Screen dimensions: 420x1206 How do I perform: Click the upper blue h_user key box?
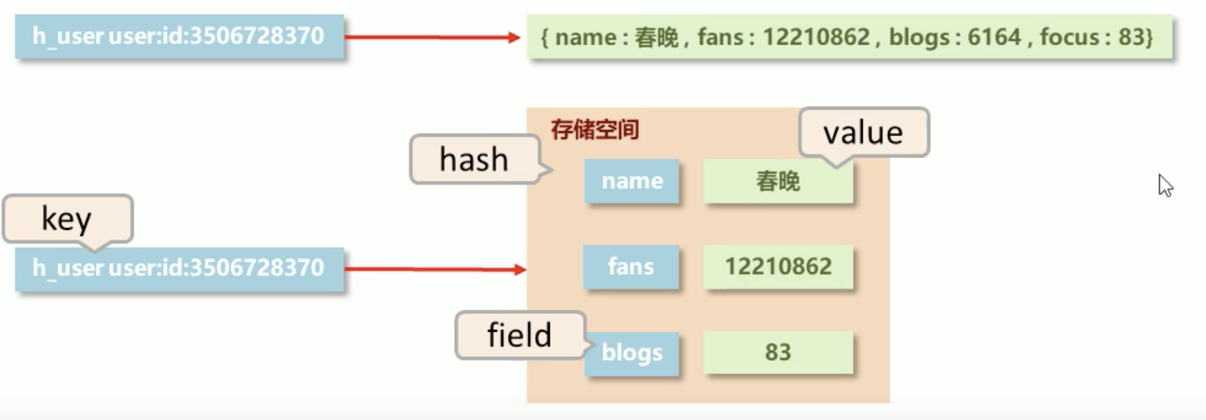[x=180, y=37]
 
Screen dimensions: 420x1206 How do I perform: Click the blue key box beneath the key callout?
[x=180, y=268]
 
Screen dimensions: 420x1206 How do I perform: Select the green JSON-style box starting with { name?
[x=848, y=37]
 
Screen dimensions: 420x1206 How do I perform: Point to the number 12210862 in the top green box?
[x=816, y=37]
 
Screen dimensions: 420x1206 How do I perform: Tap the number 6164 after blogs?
[x=994, y=37]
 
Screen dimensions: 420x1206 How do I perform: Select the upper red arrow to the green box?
[x=432, y=37]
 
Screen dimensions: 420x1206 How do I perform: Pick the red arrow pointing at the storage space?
[x=435, y=269]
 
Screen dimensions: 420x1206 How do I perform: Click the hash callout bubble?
[x=475, y=159]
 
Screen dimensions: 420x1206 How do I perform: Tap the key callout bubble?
[x=67, y=218]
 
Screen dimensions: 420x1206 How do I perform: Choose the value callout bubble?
[x=863, y=133]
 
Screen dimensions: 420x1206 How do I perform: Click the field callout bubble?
[x=519, y=335]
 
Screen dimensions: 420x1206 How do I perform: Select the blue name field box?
[x=632, y=181]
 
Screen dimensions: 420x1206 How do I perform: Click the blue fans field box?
[x=631, y=266]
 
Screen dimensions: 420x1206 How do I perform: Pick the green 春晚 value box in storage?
[x=778, y=181]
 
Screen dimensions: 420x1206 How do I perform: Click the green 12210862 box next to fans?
[x=778, y=266]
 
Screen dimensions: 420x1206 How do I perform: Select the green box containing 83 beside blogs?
[x=778, y=352]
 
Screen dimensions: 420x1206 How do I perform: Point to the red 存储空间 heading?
[x=595, y=129]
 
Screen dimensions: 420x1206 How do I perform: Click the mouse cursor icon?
[x=1165, y=185]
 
